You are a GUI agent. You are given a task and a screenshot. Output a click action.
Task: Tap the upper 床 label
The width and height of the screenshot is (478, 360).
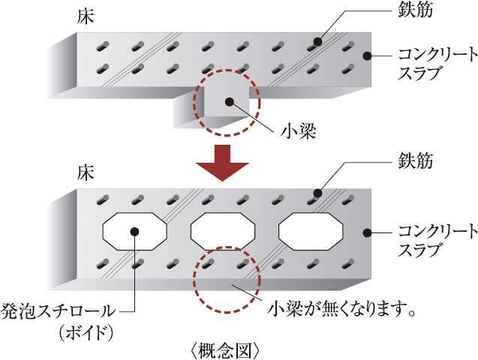84,15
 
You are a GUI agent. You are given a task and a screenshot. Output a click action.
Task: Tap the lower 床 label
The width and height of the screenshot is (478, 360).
84,173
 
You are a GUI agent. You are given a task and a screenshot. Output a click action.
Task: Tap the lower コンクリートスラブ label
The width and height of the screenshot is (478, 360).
426,238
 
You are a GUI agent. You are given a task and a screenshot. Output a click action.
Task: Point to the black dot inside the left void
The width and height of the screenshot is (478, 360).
136,232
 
